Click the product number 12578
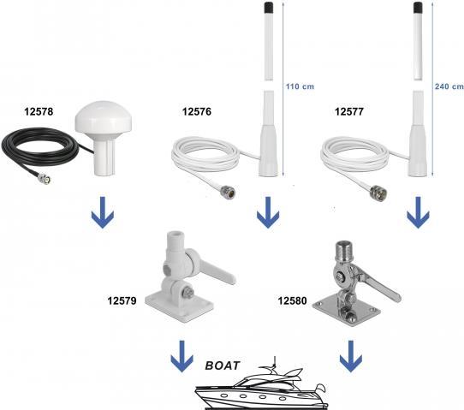pyautogui.click(x=39, y=111)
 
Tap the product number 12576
pyautogui.click(x=197, y=111)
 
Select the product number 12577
pyautogui.click(x=349, y=111)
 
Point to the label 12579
pyautogui.click(x=122, y=300)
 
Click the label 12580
pyautogui.click(x=292, y=300)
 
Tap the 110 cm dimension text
pyautogui.click(x=300, y=86)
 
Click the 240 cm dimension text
pyautogui.click(x=449, y=86)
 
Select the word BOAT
pyautogui.click(x=223, y=365)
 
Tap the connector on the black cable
pyautogui.click(x=45, y=179)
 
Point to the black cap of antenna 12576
pyautogui.click(x=269, y=7)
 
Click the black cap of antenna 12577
pyautogui.click(x=418, y=7)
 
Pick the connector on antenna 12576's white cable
pyautogui.click(x=229, y=192)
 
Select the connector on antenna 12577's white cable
pyautogui.click(x=378, y=193)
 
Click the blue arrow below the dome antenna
pyautogui.click(x=103, y=212)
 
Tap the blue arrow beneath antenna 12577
pyautogui.click(x=418, y=212)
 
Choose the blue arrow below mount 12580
pyautogui.click(x=351, y=356)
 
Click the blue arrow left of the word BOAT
pyautogui.click(x=182, y=356)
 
